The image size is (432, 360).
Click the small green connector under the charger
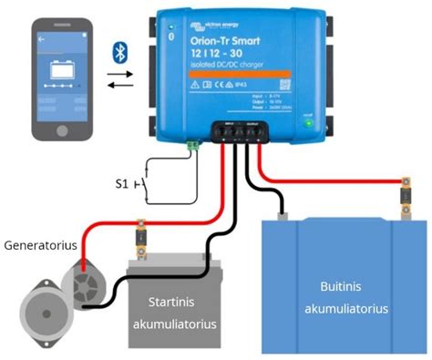193,143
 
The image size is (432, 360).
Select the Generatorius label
39,245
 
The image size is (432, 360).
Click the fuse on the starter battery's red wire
142,232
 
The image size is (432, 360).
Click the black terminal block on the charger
242,131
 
